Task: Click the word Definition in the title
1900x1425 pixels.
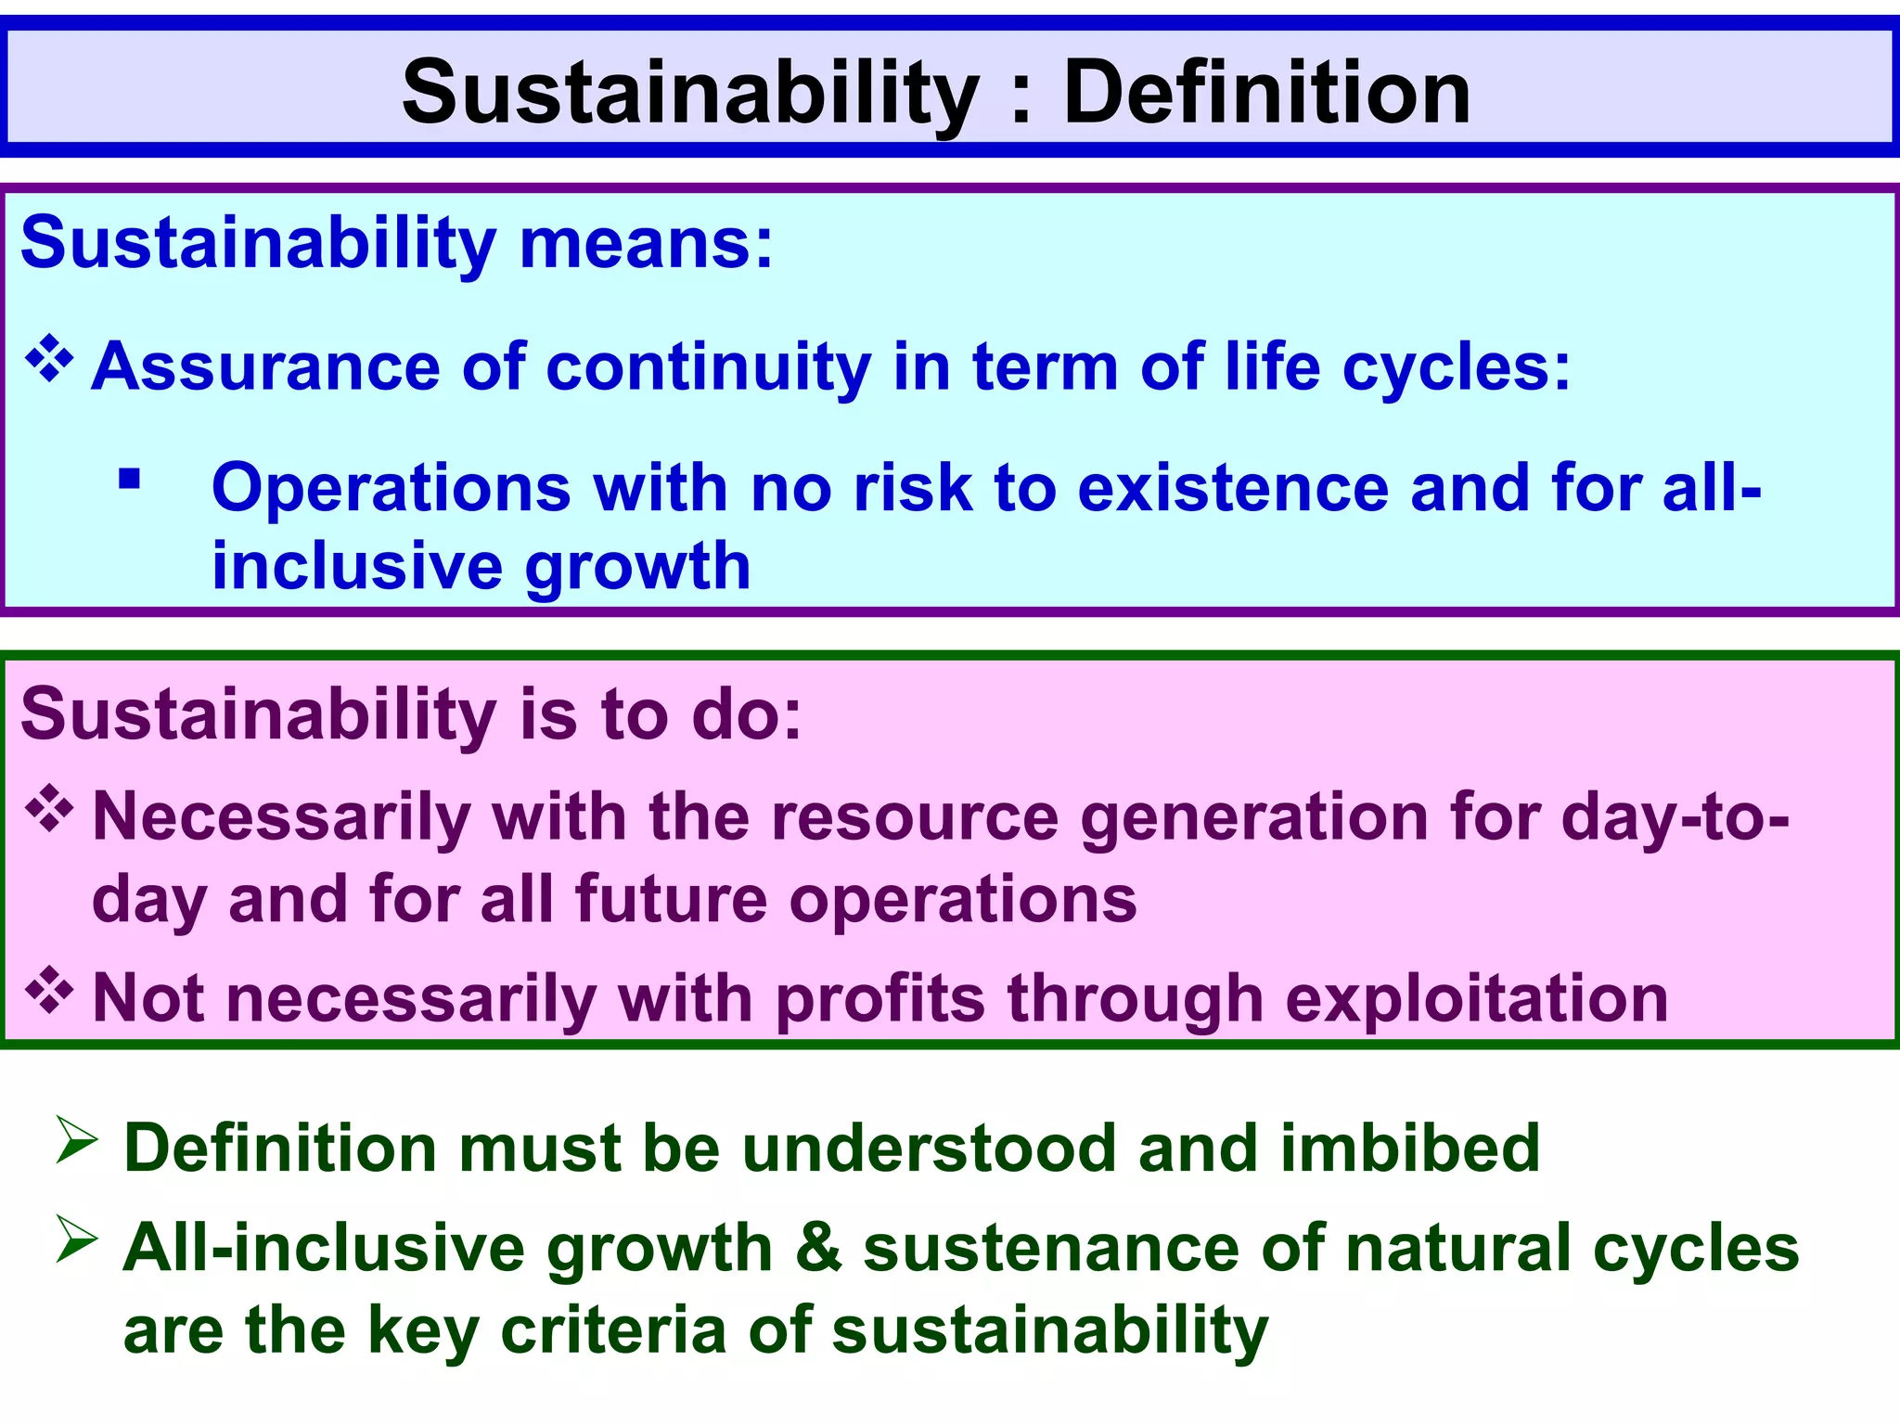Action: pyautogui.click(x=1266, y=92)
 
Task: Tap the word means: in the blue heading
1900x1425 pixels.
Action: pyautogui.click(x=646, y=243)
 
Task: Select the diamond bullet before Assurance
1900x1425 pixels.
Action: pyautogui.click(x=49, y=362)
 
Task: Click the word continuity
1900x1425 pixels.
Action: pyautogui.click(x=709, y=366)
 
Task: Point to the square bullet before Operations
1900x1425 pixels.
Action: pyautogui.click(x=129, y=480)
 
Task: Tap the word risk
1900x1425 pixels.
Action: pyautogui.click(x=912, y=488)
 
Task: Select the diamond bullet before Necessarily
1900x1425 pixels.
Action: pyautogui.click(x=49, y=810)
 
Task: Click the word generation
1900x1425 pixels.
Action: pyautogui.click(x=1255, y=818)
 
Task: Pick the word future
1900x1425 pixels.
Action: pyautogui.click(x=671, y=900)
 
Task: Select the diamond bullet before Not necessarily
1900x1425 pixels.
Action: pyautogui.click(x=49, y=991)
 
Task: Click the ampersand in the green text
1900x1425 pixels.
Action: pyautogui.click(x=818, y=1249)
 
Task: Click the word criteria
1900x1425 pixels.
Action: pyautogui.click(x=613, y=1330)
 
